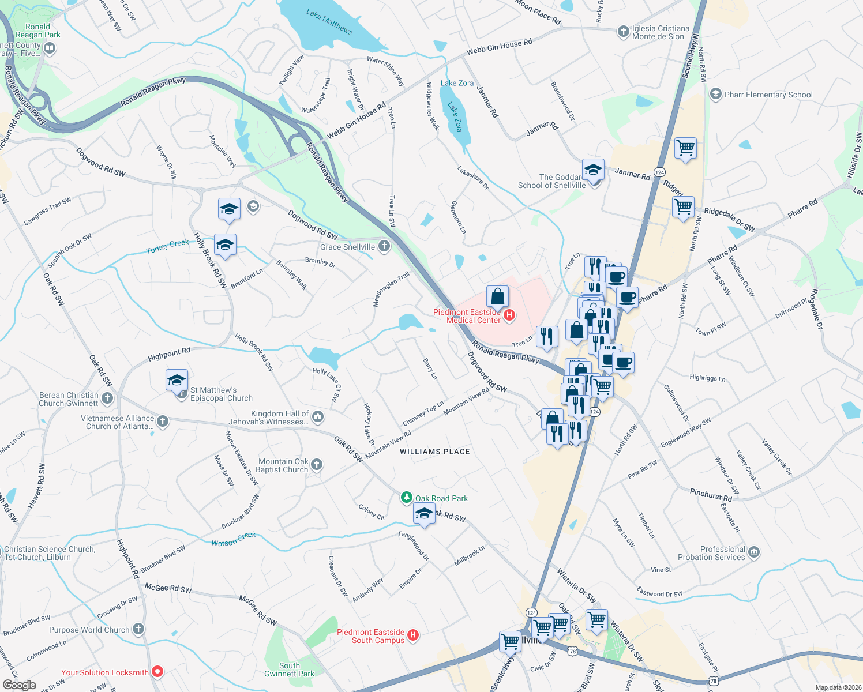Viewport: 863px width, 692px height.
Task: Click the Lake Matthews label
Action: pos(329,21)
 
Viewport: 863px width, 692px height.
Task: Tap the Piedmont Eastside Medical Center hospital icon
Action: pos(509,315)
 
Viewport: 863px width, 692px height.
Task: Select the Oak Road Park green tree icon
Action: pos(407,498)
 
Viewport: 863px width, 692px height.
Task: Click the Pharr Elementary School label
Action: pos(768,95)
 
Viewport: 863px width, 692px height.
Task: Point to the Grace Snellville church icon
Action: pos(384,247)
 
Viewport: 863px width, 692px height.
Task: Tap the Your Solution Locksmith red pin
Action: pos(157,672)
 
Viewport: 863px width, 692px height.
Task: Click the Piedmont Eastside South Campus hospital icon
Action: pos(413,635)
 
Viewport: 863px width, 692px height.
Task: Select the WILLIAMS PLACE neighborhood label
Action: pos(435,452)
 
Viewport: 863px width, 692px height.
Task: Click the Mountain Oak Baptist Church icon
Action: pos(317,465)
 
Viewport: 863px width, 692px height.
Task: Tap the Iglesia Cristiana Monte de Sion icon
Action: pos(623,32)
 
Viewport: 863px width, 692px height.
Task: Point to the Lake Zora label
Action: pos(457,83)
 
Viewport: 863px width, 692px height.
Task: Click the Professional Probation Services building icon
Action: pos(754,553)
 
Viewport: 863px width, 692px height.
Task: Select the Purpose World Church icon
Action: pos(138,629)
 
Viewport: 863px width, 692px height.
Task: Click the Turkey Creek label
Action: pos(167,246)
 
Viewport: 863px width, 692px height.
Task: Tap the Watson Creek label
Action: pos(233,539)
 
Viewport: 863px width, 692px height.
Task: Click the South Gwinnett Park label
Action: pos(289,670)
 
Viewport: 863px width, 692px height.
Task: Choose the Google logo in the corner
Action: pos(19,685)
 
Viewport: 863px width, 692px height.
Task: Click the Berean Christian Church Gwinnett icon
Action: pos(107,398)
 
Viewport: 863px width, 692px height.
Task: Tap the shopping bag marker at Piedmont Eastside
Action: pos(497,296)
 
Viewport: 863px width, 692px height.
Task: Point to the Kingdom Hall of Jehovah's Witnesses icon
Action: pos(318,416)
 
